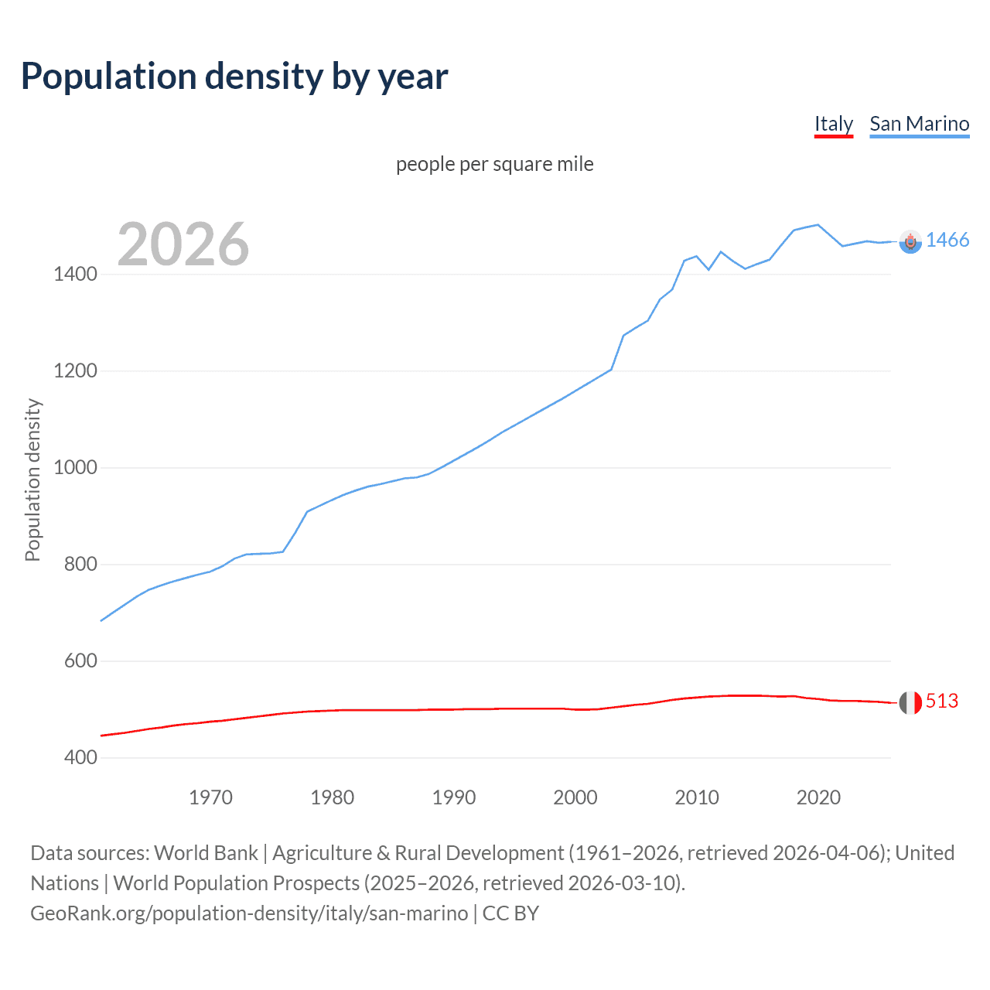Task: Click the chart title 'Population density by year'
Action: pyautogui.click(x=234, y=77)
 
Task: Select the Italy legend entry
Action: pyautogui.click(x=833, y=124)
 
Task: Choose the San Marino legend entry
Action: pyautogui.click(x=919, y=124)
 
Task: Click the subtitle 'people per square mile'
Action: pyautogui.click(x=494, y=164)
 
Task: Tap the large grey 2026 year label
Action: pyautogui.click(x=183, y=244)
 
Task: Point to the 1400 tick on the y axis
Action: pyautogui.click(x=75, y=274)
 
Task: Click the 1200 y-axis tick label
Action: pyautogui.click(x=75, y=370)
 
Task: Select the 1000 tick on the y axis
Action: pyautogui.click(x=75, y=467)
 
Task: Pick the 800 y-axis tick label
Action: pyautogui.click(x=80, y=564)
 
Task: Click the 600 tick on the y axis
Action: pyautogui.click(x=80, y=661)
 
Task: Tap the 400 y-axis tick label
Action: pyautogui.click(x=80, y=757)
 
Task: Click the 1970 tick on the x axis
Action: pyautogui.click(x=210, y=797)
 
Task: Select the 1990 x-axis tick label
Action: pyautogui.click(x=454, y=797)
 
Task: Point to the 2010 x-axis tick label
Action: pyautogui.click(x=697, y=797)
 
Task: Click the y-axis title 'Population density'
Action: pyautogui.click(x=32, y=480)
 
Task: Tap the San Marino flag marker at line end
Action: pyautogui.click(x=910, y=242)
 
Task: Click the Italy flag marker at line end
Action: pyautogui.click(x=910, y=702)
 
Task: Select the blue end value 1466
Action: pyautogui.click(x=947, y=240)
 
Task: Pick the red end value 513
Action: pyautogui.click(x=942, y=701)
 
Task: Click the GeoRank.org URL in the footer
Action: pyautogui.click(x=249, y=913)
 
